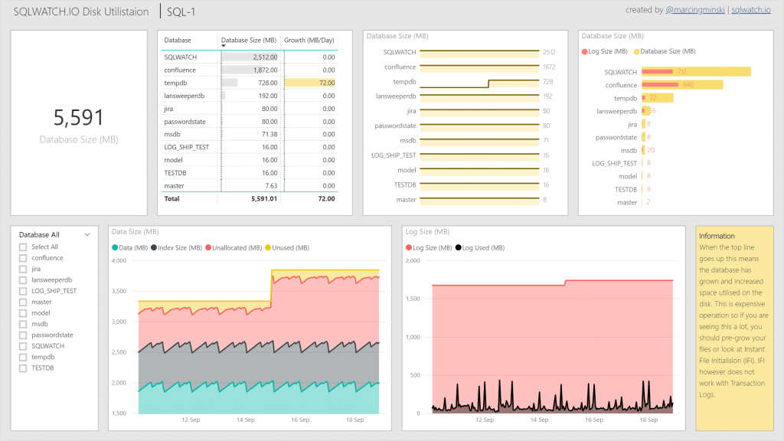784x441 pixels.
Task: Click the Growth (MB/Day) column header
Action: click(309, 40)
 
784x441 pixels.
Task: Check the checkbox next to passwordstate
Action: click(23, 335)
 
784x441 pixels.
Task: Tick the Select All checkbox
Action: click(23, 247)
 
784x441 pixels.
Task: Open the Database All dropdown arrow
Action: click(87, 235)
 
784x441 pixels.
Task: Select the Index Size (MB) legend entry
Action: click(178, 247)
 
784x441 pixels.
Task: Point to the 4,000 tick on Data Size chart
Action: click(120, 260)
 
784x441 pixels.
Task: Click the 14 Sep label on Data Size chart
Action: click(245, 420)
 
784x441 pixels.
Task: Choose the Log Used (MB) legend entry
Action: click(479, 247)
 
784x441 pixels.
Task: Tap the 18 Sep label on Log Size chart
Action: click(648, 420)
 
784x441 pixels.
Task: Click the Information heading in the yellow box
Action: click(717, 236)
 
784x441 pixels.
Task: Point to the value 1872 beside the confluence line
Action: click(548, 67)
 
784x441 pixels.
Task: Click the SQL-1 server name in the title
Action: click(181, 11)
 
